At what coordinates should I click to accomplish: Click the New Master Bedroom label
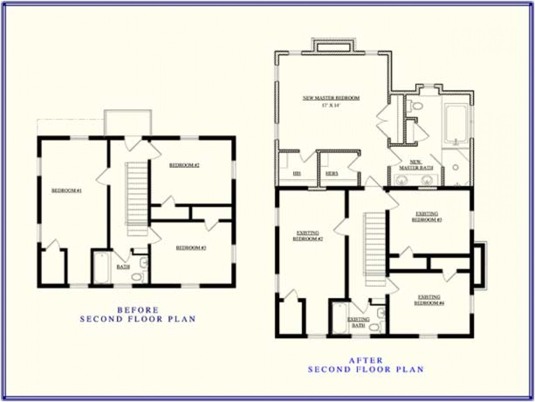[331, 98]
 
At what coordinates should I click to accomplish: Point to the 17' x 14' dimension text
[331, 106]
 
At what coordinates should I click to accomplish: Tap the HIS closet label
[297, 173]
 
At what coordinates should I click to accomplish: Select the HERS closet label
[332, 173]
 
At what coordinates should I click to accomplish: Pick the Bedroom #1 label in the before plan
[66, 191]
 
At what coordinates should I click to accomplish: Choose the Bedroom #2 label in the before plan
[184, 165]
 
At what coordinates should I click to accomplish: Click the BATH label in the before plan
[123, 266]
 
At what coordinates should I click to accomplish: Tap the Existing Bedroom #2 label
[308, 236]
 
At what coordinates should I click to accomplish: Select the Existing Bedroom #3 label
[426, 216]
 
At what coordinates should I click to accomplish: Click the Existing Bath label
[358, 322]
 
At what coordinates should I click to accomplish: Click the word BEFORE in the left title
[138, 310]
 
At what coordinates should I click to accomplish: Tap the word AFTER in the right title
[365, 360]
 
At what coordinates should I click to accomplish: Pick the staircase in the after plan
[375, 249]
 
